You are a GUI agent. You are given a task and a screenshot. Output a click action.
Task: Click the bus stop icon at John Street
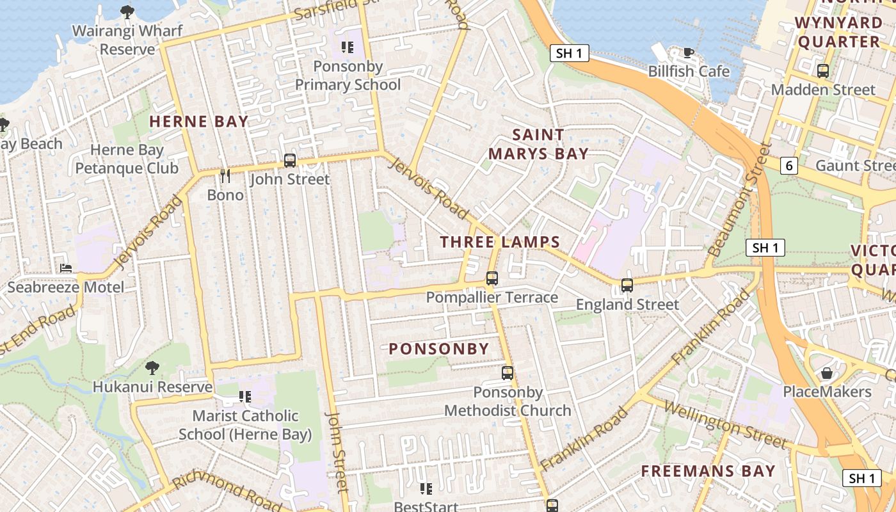click(290, 161)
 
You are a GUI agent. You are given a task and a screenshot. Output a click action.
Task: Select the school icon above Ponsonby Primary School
click(348, 47)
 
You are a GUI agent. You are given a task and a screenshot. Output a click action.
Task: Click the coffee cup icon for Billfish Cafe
click(689, 52)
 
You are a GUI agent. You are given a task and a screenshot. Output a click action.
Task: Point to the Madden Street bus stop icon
click(823, 71)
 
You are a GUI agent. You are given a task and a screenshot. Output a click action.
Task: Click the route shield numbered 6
click(790, 166)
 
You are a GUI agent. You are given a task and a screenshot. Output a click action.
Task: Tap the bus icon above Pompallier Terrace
click(492, 278)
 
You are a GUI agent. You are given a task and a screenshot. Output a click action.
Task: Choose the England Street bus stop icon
click(627, 285)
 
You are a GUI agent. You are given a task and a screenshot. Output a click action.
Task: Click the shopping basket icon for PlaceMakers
click(827, 372)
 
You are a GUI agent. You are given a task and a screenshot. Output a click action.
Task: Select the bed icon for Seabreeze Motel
click(66, 268)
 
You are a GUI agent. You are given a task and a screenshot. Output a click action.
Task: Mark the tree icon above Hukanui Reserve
click(152, 368)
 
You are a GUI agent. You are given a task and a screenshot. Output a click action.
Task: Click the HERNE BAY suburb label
click(198, 122)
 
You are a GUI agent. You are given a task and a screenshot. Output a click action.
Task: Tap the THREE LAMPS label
click(500, 242)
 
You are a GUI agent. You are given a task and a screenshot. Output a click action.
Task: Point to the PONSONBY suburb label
click(439, 349)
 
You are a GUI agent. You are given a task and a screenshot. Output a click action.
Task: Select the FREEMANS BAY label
click(708, 472)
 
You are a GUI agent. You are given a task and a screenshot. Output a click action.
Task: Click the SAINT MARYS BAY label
click(538, 144)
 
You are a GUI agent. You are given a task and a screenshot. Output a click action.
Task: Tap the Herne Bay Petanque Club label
click(127, 159)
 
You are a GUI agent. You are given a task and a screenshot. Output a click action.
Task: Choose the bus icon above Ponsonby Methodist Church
click(508, 372)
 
